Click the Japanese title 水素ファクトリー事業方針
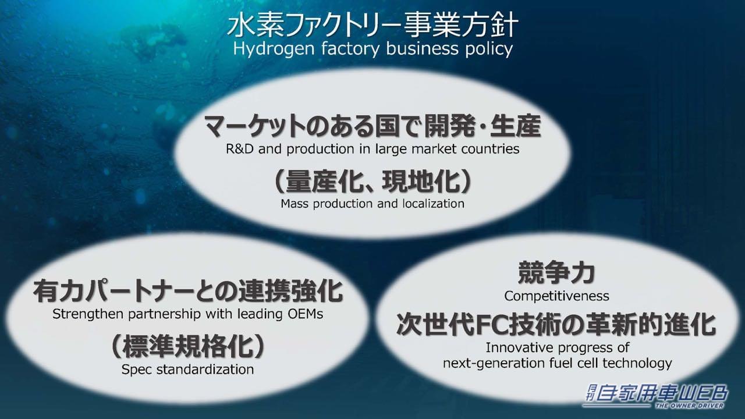click(x=372, y=26)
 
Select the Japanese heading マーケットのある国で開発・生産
click(x=372, y=126)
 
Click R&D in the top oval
click(x=240, y=149)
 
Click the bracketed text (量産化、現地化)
click(x=372, y=183)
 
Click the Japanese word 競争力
click(x=556, y=272)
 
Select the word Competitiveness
click(x=556, y=296)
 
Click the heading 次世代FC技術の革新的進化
click(x=556, y=325)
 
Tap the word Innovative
click(x=519, y=348)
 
